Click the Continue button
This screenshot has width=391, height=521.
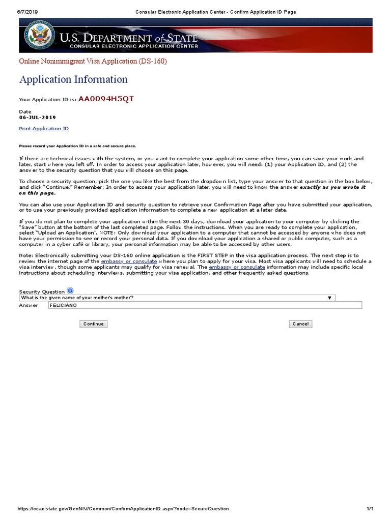(93, 324)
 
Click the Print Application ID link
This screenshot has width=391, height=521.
(44, 129)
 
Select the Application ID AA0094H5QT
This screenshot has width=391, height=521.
(106, 99)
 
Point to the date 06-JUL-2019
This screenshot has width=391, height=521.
(38, 118)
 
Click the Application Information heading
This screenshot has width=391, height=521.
(73, 79)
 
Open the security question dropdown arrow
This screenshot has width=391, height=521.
(329, 298)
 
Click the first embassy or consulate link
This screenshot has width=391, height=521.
(129, 261)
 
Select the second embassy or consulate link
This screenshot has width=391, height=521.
(237, 267)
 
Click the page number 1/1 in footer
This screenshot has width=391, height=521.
(370, 509)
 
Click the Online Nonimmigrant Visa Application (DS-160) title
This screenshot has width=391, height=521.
(93, 62)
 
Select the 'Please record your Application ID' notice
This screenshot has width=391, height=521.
(77, 146)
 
